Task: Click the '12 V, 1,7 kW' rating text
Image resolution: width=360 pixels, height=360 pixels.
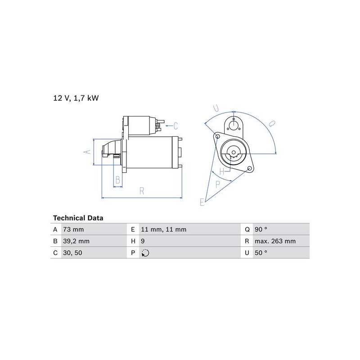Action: [x=76, y=98]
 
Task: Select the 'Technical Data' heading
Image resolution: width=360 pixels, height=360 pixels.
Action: [x=78, y=218]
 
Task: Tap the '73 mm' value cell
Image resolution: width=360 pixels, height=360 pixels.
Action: [x=73, y=229]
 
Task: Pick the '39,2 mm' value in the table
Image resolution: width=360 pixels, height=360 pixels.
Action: [x=76, y=241]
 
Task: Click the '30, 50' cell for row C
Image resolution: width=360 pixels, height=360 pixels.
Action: [x=72, y=253]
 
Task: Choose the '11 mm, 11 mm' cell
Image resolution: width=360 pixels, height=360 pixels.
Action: [x=164, y=229]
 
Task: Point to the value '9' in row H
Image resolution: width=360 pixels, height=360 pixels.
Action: [x=143, y=241]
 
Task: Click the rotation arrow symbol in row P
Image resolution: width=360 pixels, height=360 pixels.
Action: [x=145, y=253]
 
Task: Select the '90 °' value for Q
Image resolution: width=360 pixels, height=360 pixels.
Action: [x=261, y=229]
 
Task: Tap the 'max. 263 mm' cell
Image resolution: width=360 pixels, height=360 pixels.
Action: [x=275, y=241]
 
